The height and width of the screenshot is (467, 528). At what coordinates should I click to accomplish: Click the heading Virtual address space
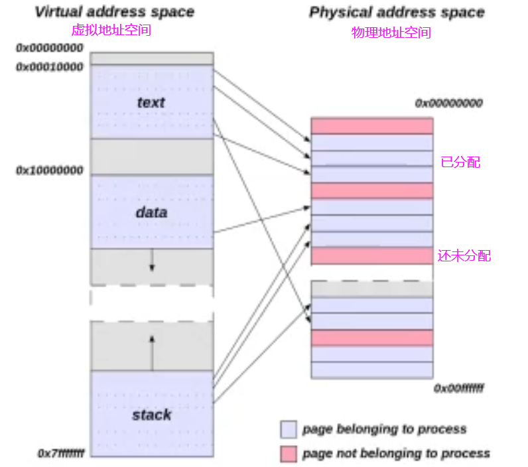click(114, 12)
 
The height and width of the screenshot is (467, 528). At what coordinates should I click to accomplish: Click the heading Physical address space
click(397, 12)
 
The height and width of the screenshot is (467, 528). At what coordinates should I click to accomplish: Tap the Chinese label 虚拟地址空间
click(111, 30)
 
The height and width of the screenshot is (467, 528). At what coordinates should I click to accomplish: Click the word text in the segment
click(151, 102)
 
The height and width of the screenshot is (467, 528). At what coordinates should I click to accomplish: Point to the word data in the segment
click(151, 212)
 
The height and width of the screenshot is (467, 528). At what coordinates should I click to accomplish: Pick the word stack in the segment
click(152, 415)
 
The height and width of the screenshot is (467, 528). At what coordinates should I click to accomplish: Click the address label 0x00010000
click(50, 66)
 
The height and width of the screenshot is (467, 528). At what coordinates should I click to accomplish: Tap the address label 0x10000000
click(50, 170)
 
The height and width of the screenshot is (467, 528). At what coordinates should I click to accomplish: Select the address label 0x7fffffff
click(61, 453)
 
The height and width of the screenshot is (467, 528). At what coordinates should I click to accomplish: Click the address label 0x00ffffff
click(458, 387)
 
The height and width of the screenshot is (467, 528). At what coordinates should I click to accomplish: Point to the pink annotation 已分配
click(460, 162)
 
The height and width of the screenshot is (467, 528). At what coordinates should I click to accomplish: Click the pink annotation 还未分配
click(464, 255)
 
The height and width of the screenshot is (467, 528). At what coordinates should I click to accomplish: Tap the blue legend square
click(289, 429)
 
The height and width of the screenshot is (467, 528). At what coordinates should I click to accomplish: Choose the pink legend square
click(289, 454)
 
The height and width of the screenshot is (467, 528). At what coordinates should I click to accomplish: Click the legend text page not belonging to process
click(396, 454)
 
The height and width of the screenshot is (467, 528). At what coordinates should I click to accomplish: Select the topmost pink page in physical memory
click(371, 125)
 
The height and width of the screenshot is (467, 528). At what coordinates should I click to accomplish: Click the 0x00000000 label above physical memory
click(449, 103)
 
